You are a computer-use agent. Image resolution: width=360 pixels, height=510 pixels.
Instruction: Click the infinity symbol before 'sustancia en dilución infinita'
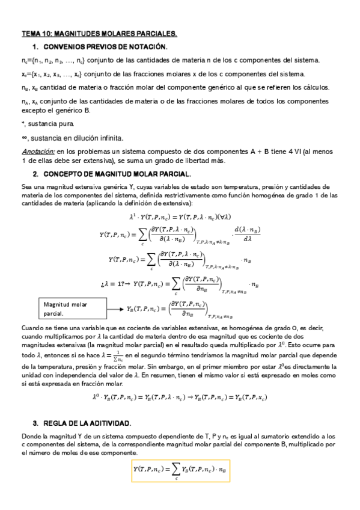(23, 138)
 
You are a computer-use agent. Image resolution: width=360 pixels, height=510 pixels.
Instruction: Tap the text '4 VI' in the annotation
(297, 152)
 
